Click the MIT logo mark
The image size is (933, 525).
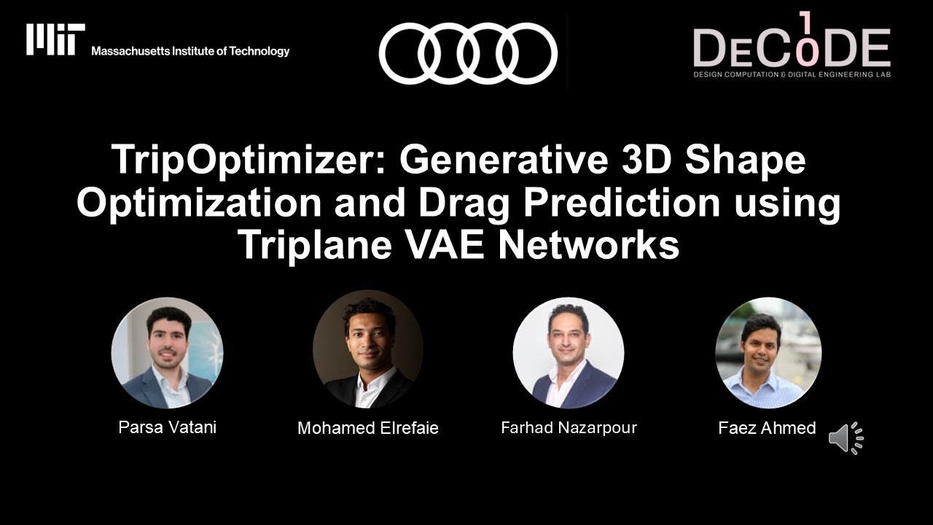coord(55,39)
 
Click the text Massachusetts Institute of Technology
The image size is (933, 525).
coord(190,51)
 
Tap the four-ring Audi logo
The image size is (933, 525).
coord(468,53)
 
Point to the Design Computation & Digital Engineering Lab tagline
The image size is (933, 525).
coord(792,74)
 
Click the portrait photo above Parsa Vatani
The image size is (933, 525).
coord(168,353)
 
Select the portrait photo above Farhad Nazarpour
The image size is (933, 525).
coord(569,353)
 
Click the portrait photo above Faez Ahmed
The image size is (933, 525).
coord(768,353)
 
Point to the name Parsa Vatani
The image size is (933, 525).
coord(167,427)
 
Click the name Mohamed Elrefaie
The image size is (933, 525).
coord(368,429)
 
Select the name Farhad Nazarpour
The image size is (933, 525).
coord(569,428)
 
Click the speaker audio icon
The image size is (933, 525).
coord(846,438)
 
